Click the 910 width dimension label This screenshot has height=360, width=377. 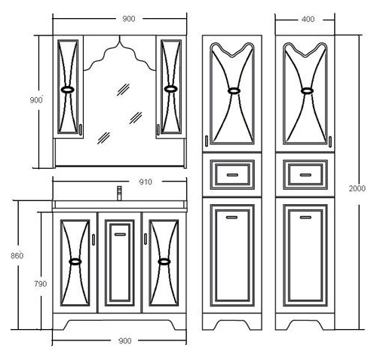(x=146, y=182)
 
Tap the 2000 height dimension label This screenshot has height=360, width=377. (x=357, y=188)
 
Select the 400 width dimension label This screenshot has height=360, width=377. (x=308, y=20)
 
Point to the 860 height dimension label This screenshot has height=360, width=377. (x=17, y=256)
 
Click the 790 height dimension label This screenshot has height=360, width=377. (x=41, y=284)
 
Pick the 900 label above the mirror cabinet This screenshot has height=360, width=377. (x=129, y=19)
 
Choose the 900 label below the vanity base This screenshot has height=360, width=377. (x=125, y=341)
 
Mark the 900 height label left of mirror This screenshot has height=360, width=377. (x=36, y=100)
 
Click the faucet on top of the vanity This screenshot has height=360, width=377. (x=119, y=193)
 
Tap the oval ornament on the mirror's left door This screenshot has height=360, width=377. (x=68, y=90)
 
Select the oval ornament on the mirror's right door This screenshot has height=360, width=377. (x=170, y=89)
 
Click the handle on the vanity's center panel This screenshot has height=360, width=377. (x=120, y=234)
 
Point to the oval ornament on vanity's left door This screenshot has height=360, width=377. (x=75, y=261)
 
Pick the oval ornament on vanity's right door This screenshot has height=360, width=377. (x=164, y=261)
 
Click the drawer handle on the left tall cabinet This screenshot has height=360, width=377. (x=232, y=175)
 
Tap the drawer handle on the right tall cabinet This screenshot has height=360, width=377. (x=305, y=175)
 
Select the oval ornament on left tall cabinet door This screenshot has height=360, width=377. (x=234, y=90)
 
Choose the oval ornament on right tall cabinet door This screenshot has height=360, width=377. (x=307, y=90)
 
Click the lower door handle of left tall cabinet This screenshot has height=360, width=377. (x=231, y=218)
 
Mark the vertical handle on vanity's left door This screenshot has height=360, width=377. (x=93, y=239)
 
